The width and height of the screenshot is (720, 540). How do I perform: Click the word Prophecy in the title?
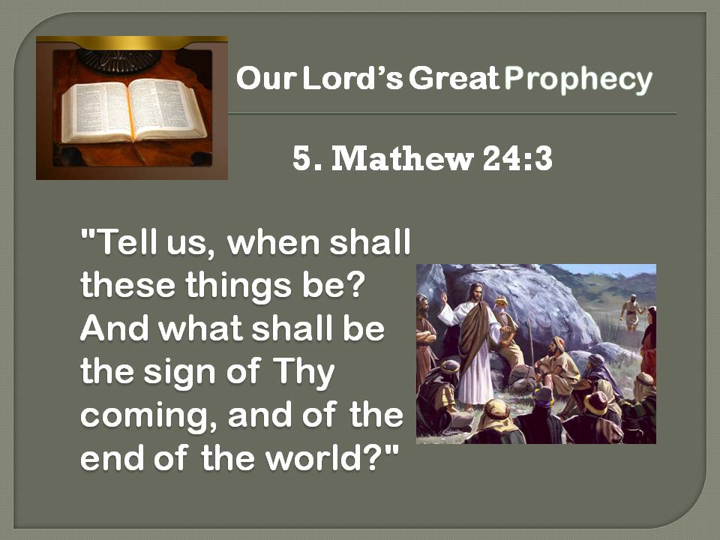click(577, 79)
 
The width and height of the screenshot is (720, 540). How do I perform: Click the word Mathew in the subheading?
click(402, 159)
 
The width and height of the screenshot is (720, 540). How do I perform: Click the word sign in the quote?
click(179, 373)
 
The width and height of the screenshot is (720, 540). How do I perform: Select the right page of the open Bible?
click(166, 108)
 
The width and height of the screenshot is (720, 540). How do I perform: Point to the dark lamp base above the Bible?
click(119, 61)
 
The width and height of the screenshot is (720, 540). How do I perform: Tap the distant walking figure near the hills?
click(632, 312)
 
